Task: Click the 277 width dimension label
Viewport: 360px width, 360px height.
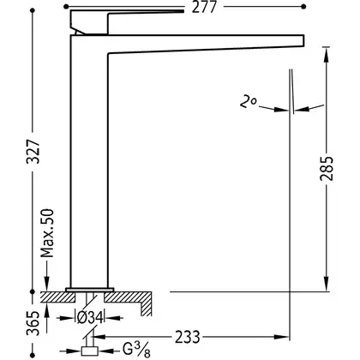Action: click(204, 7)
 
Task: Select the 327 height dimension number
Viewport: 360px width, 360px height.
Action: click(33, 152)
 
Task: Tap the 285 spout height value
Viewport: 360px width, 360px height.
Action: click(327, 168)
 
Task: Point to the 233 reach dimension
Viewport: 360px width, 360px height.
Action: click(188, 337)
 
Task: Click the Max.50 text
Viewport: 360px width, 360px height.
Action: click(47, 233)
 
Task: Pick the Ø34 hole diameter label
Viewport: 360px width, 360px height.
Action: click(90, 317)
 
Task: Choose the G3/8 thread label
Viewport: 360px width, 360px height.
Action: click(136, 350)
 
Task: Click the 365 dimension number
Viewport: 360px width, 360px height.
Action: click(33, 323)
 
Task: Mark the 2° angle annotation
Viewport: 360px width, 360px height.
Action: click(248, 102)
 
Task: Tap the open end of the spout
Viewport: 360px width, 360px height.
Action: click(303, 40)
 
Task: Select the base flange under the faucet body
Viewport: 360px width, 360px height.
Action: click(90, 290)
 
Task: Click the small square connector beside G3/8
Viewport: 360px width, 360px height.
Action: click(90, 351)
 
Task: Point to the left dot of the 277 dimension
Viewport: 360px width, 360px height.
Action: click(66, 6)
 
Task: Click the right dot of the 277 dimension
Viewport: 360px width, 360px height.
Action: click(303, 6)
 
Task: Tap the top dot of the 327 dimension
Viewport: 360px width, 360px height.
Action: click(33, 10)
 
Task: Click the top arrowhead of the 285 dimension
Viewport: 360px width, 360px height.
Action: click(327, 55)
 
